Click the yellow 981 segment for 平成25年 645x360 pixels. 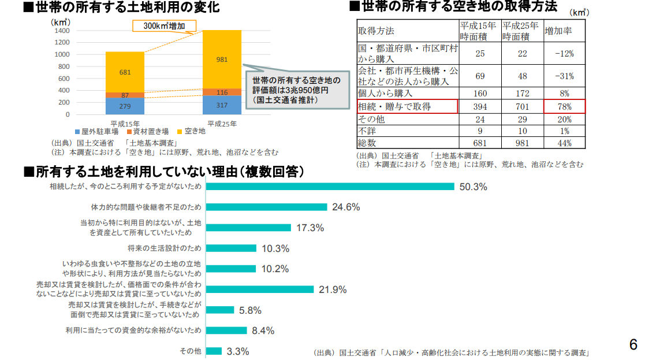tap(222, 59)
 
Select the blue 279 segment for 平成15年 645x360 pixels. tap(125, 106)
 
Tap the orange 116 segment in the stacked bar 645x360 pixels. tap(222, 92)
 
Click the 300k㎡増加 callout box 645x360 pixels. tap(165, 26)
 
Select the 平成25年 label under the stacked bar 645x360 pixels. tap(222, 124)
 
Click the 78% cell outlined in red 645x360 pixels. tap(564, 106)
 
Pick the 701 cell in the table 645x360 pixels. tap(522, 106)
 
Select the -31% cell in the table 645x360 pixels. tap(564, 76)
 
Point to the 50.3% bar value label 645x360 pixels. tap(473, 187)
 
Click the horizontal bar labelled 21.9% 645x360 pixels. tap(260, 290)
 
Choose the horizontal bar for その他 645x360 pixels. tap(214, 351)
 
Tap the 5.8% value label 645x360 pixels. tap(250, 310)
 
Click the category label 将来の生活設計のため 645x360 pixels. tap(165, 248)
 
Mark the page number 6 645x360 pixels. tap(633, 345)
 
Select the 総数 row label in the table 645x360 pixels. tap(367, 142)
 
